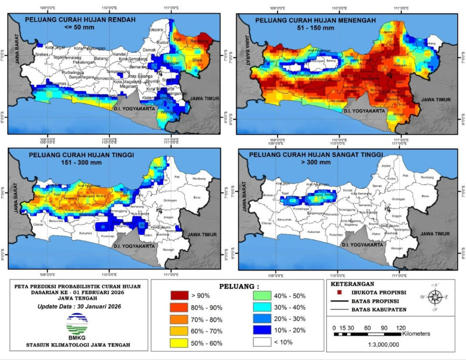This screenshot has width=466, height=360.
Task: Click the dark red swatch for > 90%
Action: (180, 295)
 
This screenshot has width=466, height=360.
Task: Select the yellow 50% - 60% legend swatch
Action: (180, 343)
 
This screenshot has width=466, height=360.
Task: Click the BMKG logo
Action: (77, 325)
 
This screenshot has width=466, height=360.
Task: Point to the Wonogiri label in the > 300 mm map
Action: (397, 248)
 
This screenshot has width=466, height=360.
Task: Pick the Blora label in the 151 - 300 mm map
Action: (197, 197)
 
